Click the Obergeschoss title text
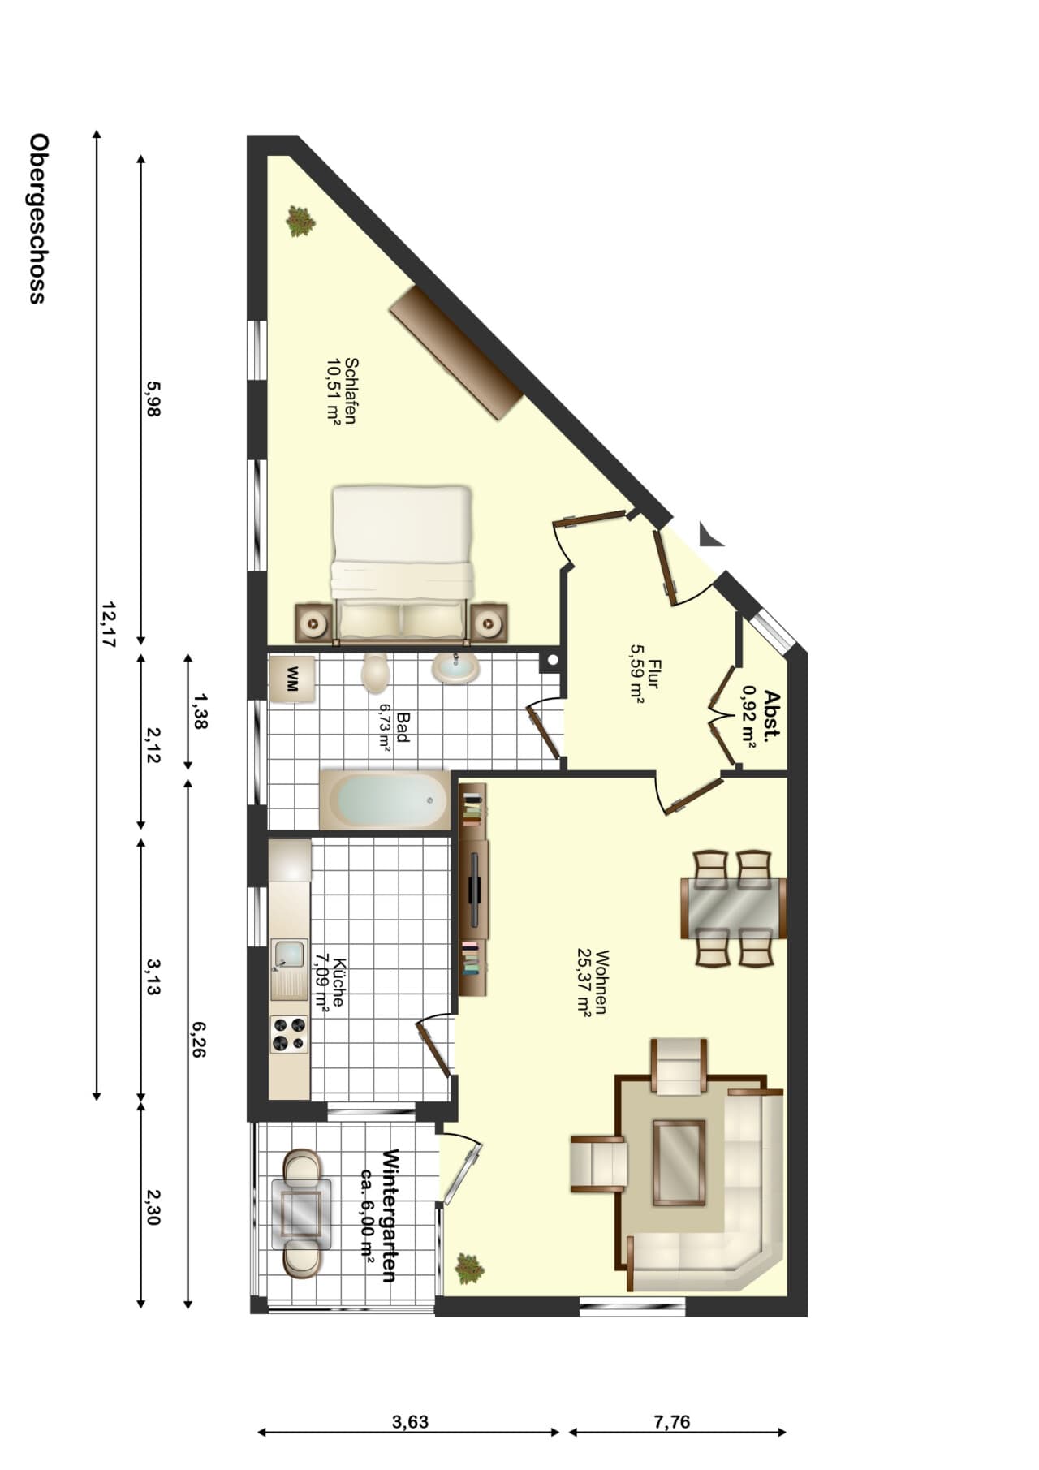pos(37,218)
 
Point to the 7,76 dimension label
pos(671,1422)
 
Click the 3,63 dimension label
pos(410,1422)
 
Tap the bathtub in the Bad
pos(385,800)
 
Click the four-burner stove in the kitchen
pos(290,1034)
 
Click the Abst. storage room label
pos(761,718)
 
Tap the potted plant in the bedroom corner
pos(300,221)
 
